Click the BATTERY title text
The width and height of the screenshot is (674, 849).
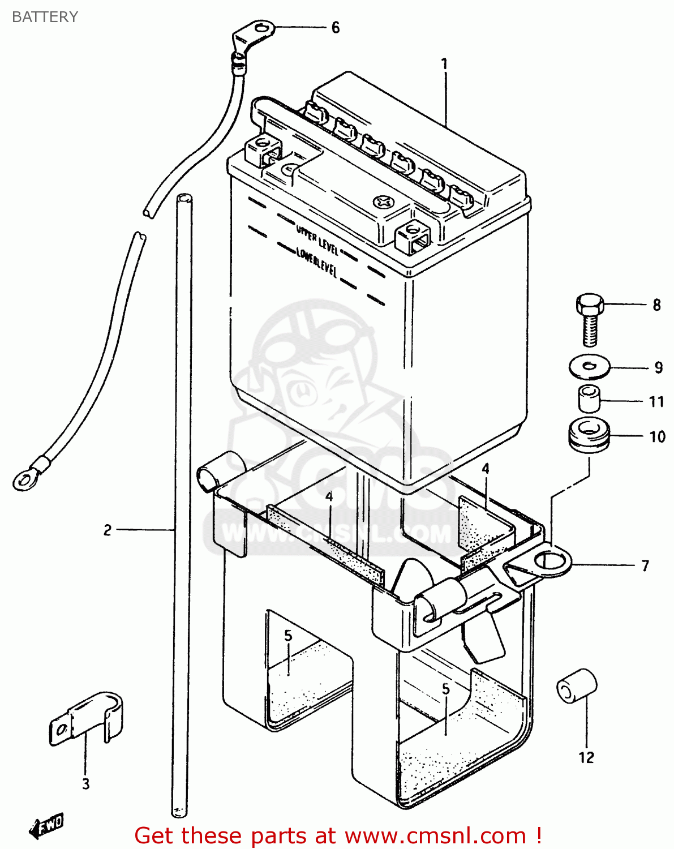(x=45, y=17)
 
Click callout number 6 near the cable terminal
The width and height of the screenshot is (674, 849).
(x=335, y=28)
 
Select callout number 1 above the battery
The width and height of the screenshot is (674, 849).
(x=445, y=64)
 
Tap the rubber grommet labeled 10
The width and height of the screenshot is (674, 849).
(x=589, y=434)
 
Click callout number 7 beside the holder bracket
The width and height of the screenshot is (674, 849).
(x=645, y=565)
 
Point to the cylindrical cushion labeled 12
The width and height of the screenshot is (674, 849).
(x=576, y=686)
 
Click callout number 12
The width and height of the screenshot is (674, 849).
(x=586, y=757)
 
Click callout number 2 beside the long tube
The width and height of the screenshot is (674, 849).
(x=108, y=530)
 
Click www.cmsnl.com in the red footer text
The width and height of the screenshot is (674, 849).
(x=435, y=835)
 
